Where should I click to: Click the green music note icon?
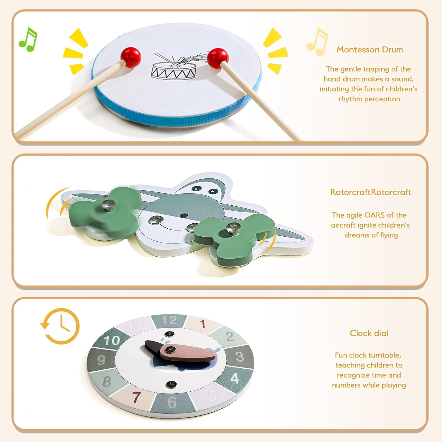28,40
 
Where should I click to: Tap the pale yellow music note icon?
317,41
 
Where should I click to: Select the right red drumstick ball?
218,57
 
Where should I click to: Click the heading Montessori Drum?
370,50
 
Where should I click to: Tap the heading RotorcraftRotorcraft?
371,192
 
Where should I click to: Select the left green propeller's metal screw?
108,204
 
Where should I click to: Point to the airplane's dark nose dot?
184,215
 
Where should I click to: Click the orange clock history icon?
60,326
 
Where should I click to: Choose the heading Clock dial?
369,333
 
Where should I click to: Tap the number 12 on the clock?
169,320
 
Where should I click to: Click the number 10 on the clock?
112,341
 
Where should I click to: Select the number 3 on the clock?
240,357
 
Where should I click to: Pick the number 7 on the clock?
136,397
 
